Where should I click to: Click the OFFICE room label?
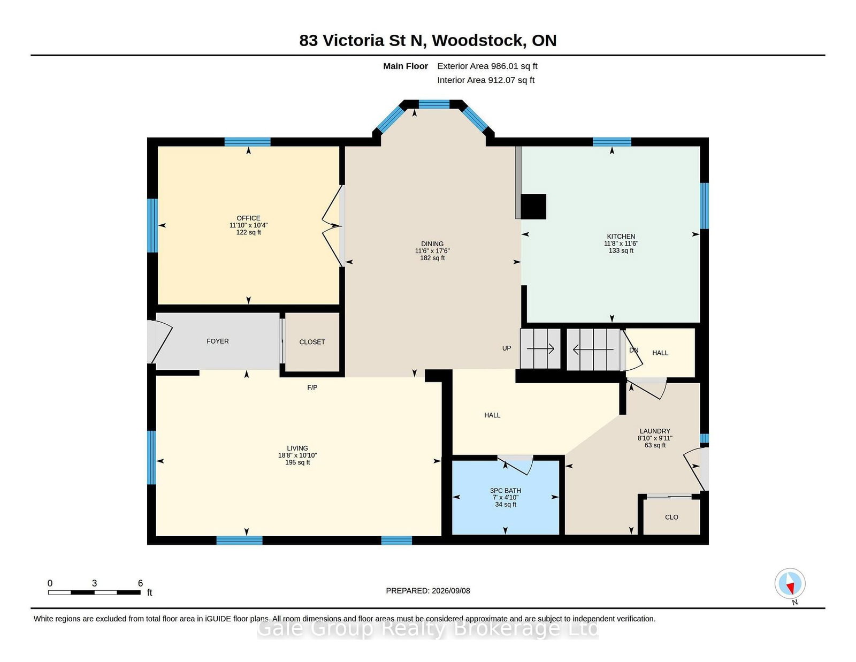(248, 218)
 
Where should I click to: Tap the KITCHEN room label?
(621, 237)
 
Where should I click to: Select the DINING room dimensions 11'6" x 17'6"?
(432, 251)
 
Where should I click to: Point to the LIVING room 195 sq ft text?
(297, 462)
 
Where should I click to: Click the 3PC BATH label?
(506, 491)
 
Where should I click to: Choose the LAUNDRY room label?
(655, 431)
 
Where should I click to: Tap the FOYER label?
(217, 341)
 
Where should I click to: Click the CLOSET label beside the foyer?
(312, 342)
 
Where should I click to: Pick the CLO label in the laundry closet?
(671, 518)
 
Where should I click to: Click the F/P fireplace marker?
(312, 388)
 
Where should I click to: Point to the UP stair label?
(507, 348)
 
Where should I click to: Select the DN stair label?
(633, 350)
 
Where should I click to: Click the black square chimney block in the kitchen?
(533, 207)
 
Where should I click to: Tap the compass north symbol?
(790, 583)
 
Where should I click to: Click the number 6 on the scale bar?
(140, 583)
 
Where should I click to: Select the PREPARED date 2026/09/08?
(450, 591)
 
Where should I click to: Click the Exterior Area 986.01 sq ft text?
(487, 66)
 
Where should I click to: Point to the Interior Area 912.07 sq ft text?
(486, 80)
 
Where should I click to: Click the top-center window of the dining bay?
(434, 104)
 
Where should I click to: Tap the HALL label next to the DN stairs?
(660, 353)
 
